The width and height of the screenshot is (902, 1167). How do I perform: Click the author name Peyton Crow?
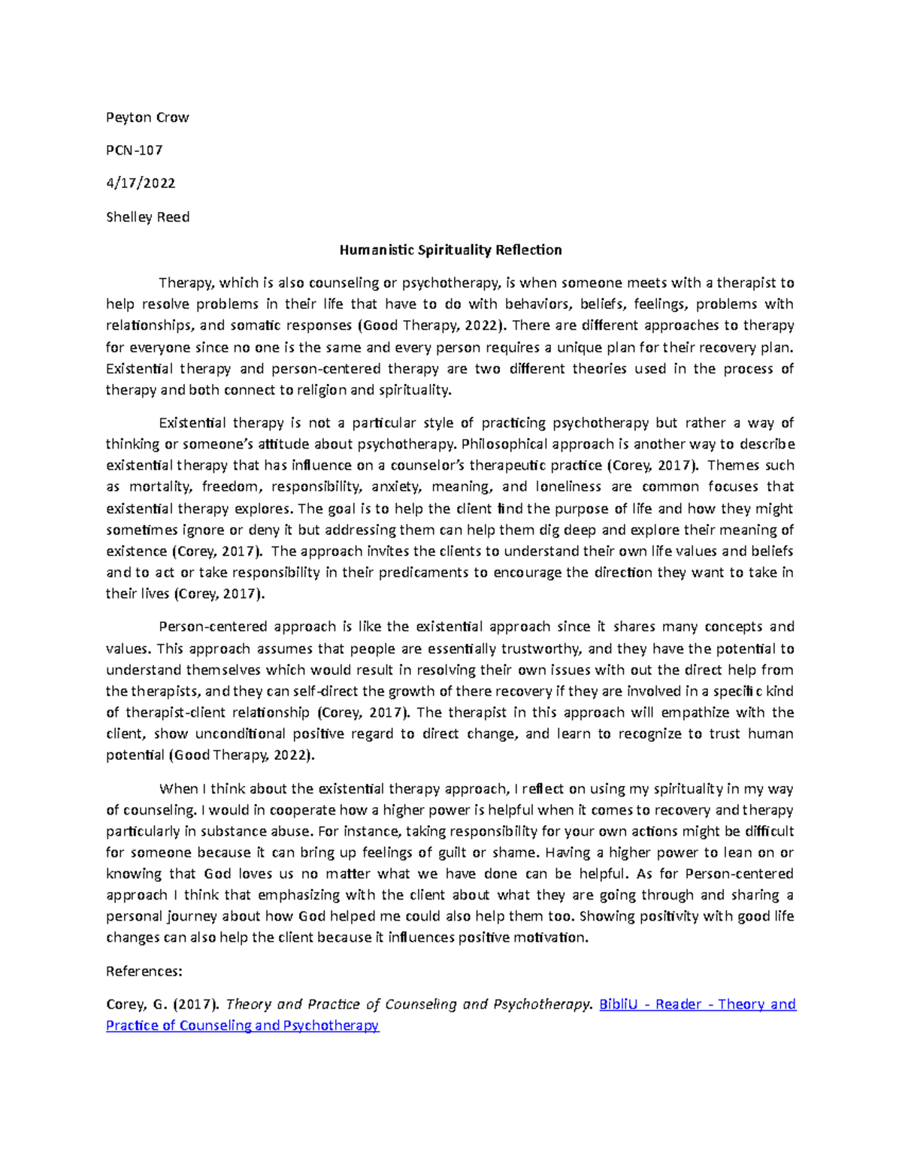[x=147, y=117]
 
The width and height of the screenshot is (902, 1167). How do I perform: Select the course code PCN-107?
[x=135, y=150]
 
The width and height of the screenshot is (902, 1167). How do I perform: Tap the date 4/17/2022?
[x=141, y=183]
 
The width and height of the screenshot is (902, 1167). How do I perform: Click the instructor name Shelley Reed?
[x=147, y=217]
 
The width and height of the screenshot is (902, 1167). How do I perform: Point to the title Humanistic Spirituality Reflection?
[x=450, y=250]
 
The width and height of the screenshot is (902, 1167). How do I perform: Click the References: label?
[x=144, y=972]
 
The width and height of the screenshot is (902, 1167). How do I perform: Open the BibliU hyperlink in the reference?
[x=621, y=1005]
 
